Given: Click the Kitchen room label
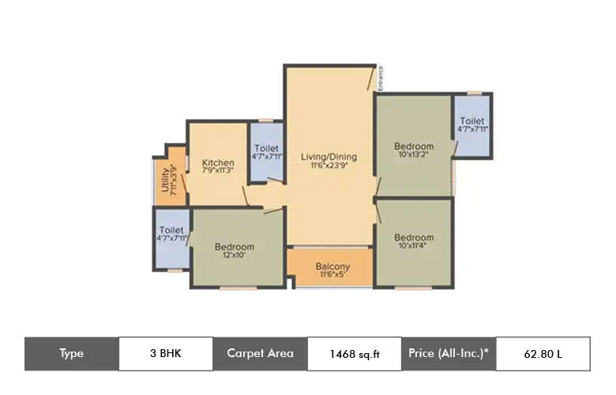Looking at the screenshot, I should pos(217,163).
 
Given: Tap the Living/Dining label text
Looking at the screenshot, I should pos(329,156).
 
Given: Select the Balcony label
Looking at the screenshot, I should pos(332,267).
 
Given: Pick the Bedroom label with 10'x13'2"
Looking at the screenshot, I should pos(414,146).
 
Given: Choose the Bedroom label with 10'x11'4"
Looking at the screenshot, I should pos(414,238).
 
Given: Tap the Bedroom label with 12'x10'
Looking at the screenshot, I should pos(235,247).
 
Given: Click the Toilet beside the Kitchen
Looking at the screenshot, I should pos(266,148).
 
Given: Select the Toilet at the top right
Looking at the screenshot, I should pos(472,121).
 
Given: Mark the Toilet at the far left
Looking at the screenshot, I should pos(171,229).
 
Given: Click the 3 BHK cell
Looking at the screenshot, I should pos(165,353).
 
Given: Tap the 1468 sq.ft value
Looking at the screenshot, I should pos(355,354).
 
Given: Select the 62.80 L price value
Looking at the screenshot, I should pos(543,354).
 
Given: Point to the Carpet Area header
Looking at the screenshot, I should pos(260,353).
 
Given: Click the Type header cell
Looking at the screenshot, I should pos(71,353).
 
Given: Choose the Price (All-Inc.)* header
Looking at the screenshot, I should pos(449,353).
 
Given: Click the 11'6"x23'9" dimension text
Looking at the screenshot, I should pos(329,166).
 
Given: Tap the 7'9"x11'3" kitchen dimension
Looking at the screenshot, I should pos(217,172).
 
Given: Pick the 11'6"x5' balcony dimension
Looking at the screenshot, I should pos(332,276).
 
